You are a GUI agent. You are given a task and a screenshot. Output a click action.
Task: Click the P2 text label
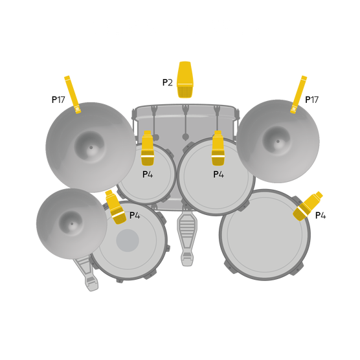point(167,83)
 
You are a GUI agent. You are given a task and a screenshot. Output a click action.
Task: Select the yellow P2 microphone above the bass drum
point(185,79)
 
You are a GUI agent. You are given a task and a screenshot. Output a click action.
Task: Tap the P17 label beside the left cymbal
point(58,100)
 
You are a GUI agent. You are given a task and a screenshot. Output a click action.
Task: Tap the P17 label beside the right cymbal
point(311,100)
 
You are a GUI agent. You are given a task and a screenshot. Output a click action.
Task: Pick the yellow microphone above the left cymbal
point(72,95)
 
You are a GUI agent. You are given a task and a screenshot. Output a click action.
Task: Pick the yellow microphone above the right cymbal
point(298,95)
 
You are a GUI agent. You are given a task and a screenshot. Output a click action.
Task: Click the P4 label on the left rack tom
point(148,174)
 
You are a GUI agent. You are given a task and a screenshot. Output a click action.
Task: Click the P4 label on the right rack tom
point(218,174)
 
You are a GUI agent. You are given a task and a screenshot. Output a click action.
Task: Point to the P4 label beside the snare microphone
point(135,216)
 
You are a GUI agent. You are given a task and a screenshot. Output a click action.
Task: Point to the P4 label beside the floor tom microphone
point(321,216)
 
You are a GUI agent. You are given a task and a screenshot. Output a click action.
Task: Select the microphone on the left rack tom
point(148,148)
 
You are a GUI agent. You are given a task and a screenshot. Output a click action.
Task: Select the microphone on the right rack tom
point(218,148)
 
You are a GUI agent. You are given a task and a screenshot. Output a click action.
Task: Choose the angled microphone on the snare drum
point(115,207)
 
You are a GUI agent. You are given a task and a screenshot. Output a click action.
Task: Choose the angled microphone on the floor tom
point(308,205)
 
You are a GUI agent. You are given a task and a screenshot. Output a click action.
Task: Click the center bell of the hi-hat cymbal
point(71,224)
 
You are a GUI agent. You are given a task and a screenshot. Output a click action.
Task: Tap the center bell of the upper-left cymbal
point(91,147)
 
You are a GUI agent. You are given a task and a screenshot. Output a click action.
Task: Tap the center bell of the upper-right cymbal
point(278,141)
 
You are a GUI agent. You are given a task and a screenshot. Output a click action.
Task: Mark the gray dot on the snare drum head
point(128,240)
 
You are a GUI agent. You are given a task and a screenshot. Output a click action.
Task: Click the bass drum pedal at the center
point(186,236)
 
